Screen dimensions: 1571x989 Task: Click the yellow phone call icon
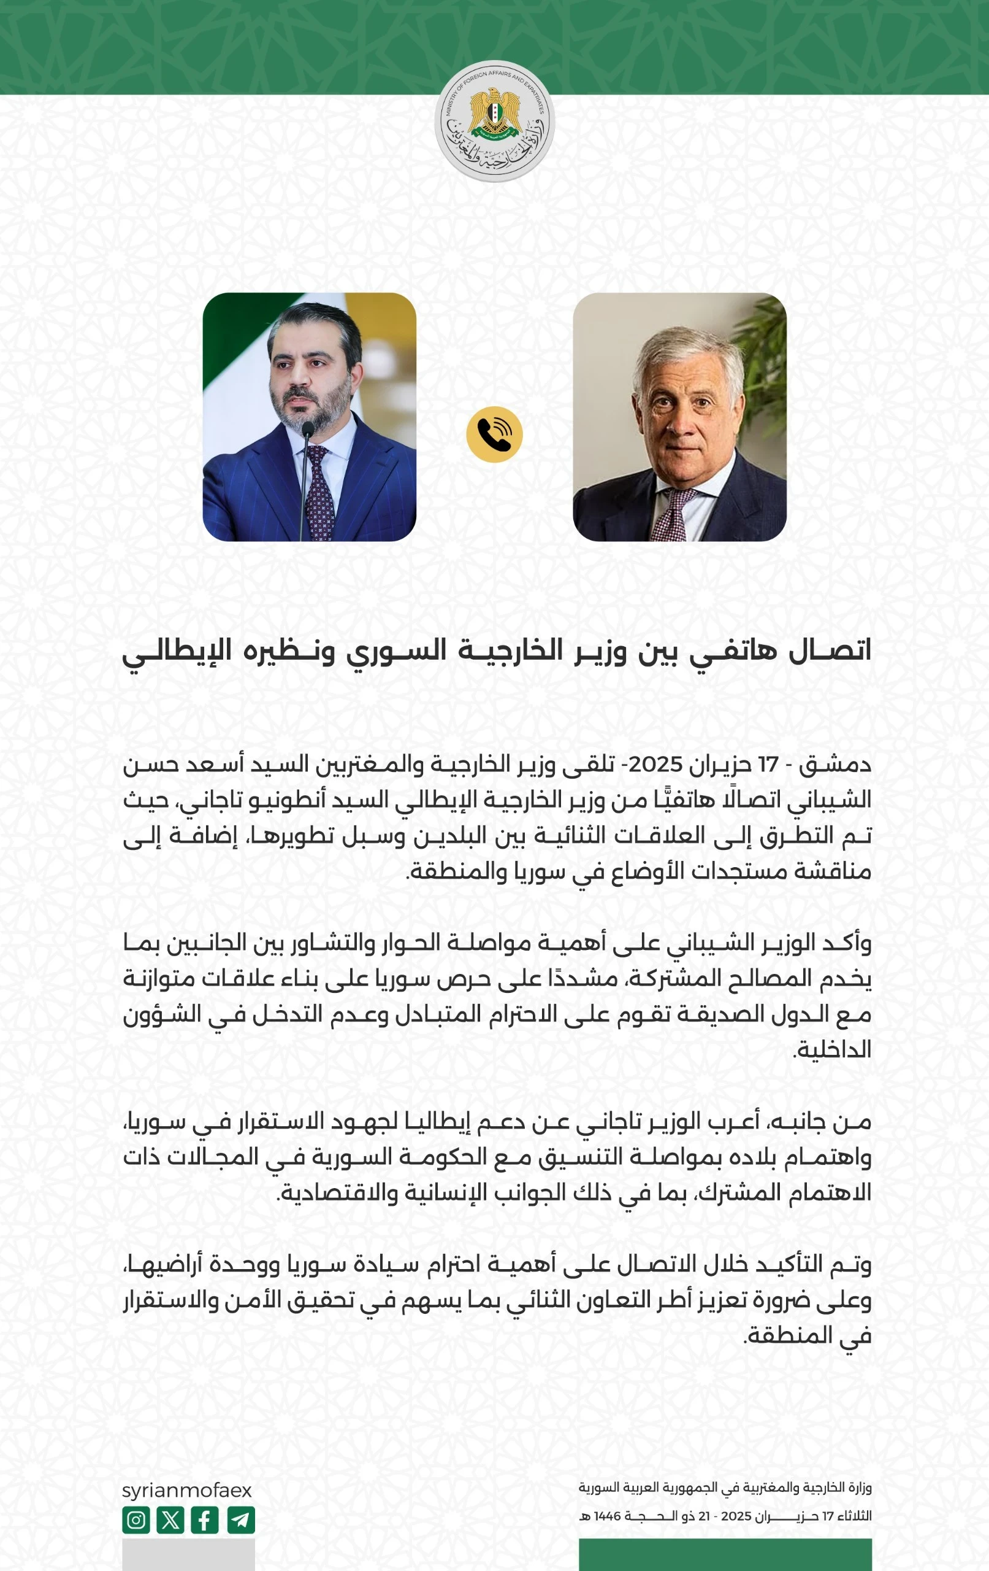(494, 434)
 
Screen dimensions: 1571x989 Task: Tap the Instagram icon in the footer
(136, 1519)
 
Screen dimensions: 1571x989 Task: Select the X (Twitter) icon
(170, 1519)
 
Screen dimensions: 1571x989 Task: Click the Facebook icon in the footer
(205, 1519)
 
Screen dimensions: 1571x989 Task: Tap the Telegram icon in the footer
(241, 1519)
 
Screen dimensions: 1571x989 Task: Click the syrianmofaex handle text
(186, 1490)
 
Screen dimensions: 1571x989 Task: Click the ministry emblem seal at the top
(494, 122)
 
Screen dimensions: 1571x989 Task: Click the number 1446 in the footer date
(607, 1516)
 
